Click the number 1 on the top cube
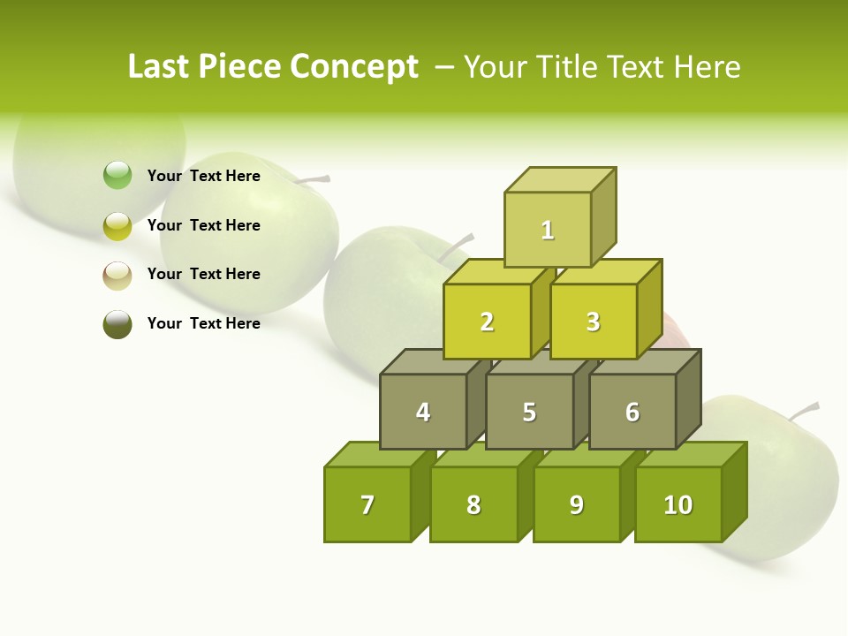coord(548,231)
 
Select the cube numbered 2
coord(487,322)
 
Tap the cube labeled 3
coord(593,322)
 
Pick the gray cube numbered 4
coord(423,412)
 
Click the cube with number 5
coord(529,412)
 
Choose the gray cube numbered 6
coord(632,412)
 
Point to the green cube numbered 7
coord(367,504)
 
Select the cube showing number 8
coord(473,504)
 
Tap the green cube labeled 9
coord(577,504)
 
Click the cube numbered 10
coord(678,504)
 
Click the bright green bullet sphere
coord(117,176)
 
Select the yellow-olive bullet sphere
coord(117,225)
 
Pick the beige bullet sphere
coord(117,275)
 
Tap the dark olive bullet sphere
coord(117,324)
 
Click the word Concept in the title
coord(353,67)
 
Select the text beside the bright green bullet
coord(204,176)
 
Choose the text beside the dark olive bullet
coord(204,323)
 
